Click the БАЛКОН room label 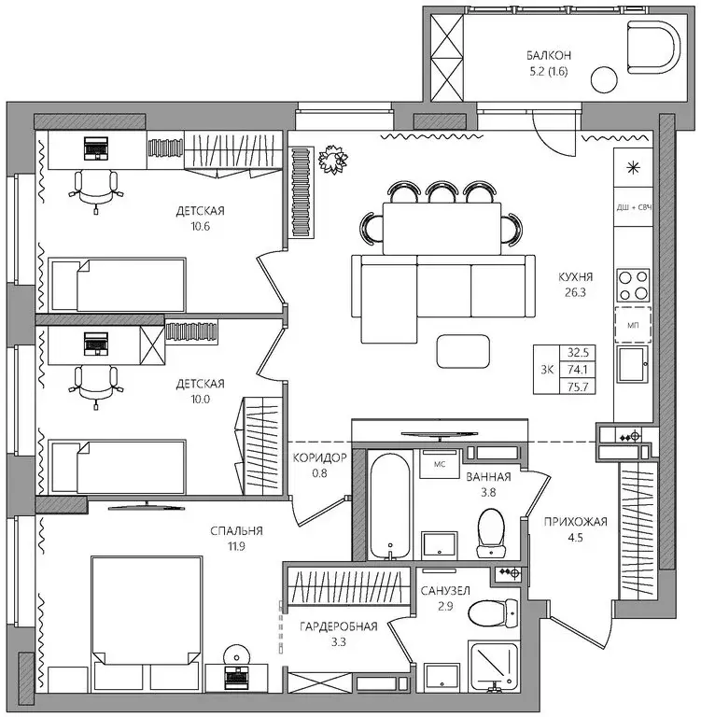click(x=548, y=56)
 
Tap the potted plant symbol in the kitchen click(x=332, y=160)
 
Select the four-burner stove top click(x=633, y=286)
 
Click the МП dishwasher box click(x=633, y=325)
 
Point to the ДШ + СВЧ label click(x=634, y=207)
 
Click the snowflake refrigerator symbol click(x=633, y=168)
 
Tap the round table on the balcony click(x=604, y=80)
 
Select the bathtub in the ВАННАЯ click(x=389, y=506)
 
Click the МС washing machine click(x=440, y=464)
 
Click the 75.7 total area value click(x=578, y=387)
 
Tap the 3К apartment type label click(x=547, y=370)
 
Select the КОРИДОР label click(x=319, y=457)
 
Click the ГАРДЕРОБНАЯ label click(x=339, y=626)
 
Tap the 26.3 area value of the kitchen click(x=575, y=292)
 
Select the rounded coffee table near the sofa click(x=463, y=351)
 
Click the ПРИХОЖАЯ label click(x=575, y=522)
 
